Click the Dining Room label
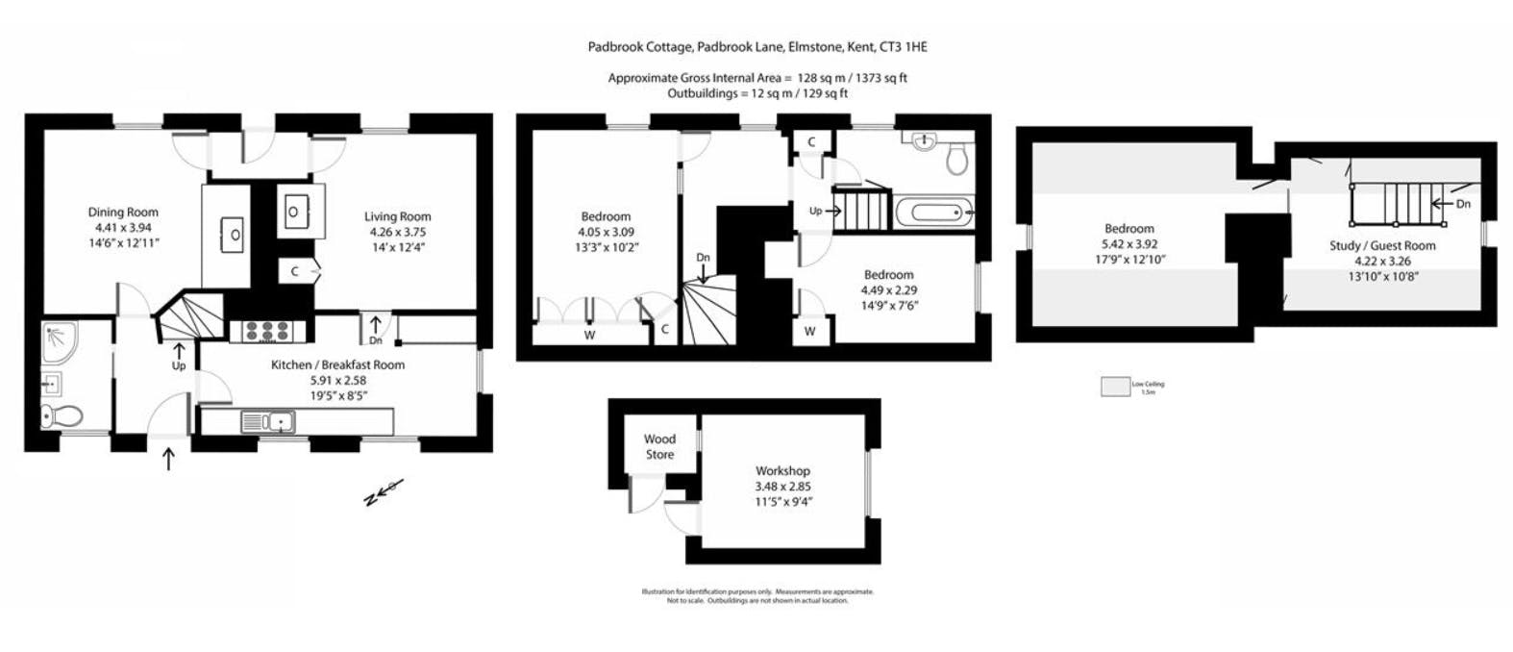pos(123,213)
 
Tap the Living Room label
pos(397,216)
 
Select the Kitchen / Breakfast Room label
pos(337,364)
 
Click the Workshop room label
pos(782,471)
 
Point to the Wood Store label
pos(659,447)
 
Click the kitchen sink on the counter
pos(268,421)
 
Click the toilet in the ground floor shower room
pos(62,416)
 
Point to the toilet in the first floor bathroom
pos(956,159)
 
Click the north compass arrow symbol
pos(382,492)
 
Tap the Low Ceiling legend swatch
pos(1115,387)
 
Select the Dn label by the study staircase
pos(1462,204)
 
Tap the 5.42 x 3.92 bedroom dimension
pos(1129,244)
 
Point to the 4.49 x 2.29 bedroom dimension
pos(888,290)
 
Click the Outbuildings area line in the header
pos(757,93)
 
